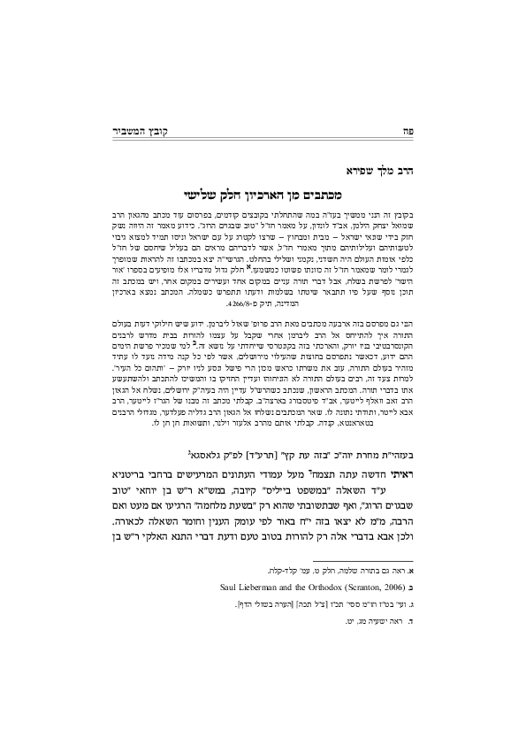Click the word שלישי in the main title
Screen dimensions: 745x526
tap(211, 192)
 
